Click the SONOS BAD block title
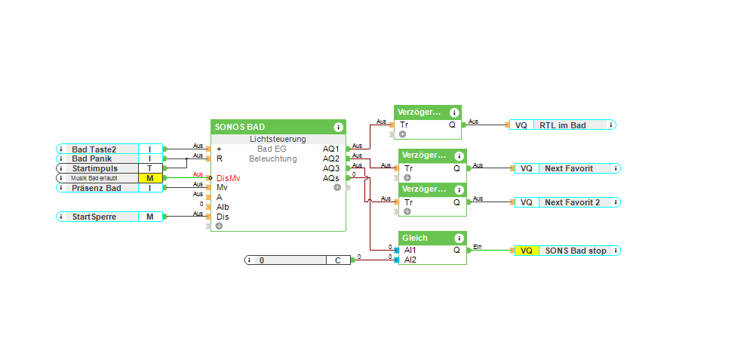click(x=240, y=127)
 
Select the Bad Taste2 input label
click(x=94, y=149)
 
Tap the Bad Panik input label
click(x=91, y=159)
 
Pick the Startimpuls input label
click(x=94, y=168)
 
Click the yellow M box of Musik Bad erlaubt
click(x=149, y=178)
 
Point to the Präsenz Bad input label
click(x=96, y=188)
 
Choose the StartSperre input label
click(x=94, y=217)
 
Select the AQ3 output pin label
click(x=330, y=168)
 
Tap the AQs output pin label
click(x=330, y=178)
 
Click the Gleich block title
click(x=415, y=238)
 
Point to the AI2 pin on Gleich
click(x=410, y=260)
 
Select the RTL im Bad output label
click(x=563, y=125)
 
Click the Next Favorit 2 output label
click(x=572, y=202)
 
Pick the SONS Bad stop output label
click(x=576, y=251)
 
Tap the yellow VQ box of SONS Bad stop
click(x=526, y=251)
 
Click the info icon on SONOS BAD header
click(x=338, y=127)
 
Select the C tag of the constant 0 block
click(x=338, y=260)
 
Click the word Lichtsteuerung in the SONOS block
click(x=278, y=139)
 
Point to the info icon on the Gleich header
click(x=459, y=238)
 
